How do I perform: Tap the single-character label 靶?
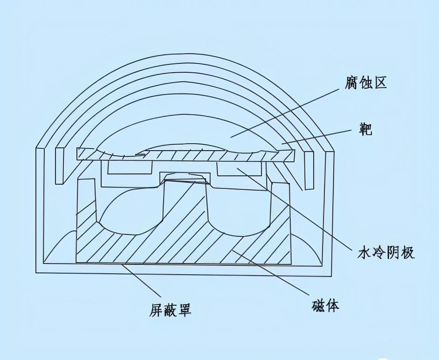pos(366,129)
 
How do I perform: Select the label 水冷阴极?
pos(386,252)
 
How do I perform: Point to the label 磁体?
pos(325,305)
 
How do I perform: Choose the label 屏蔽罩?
pos(170,309)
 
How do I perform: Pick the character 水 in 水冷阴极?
pos(364,252)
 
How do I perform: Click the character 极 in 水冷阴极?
pos(408,252)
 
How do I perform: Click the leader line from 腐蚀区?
pos(289,112)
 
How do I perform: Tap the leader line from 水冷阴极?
pos(298,210)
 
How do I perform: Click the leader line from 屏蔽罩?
pos(140,280)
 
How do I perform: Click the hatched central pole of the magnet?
pos(184,219)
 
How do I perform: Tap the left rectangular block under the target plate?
pos(129,167)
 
